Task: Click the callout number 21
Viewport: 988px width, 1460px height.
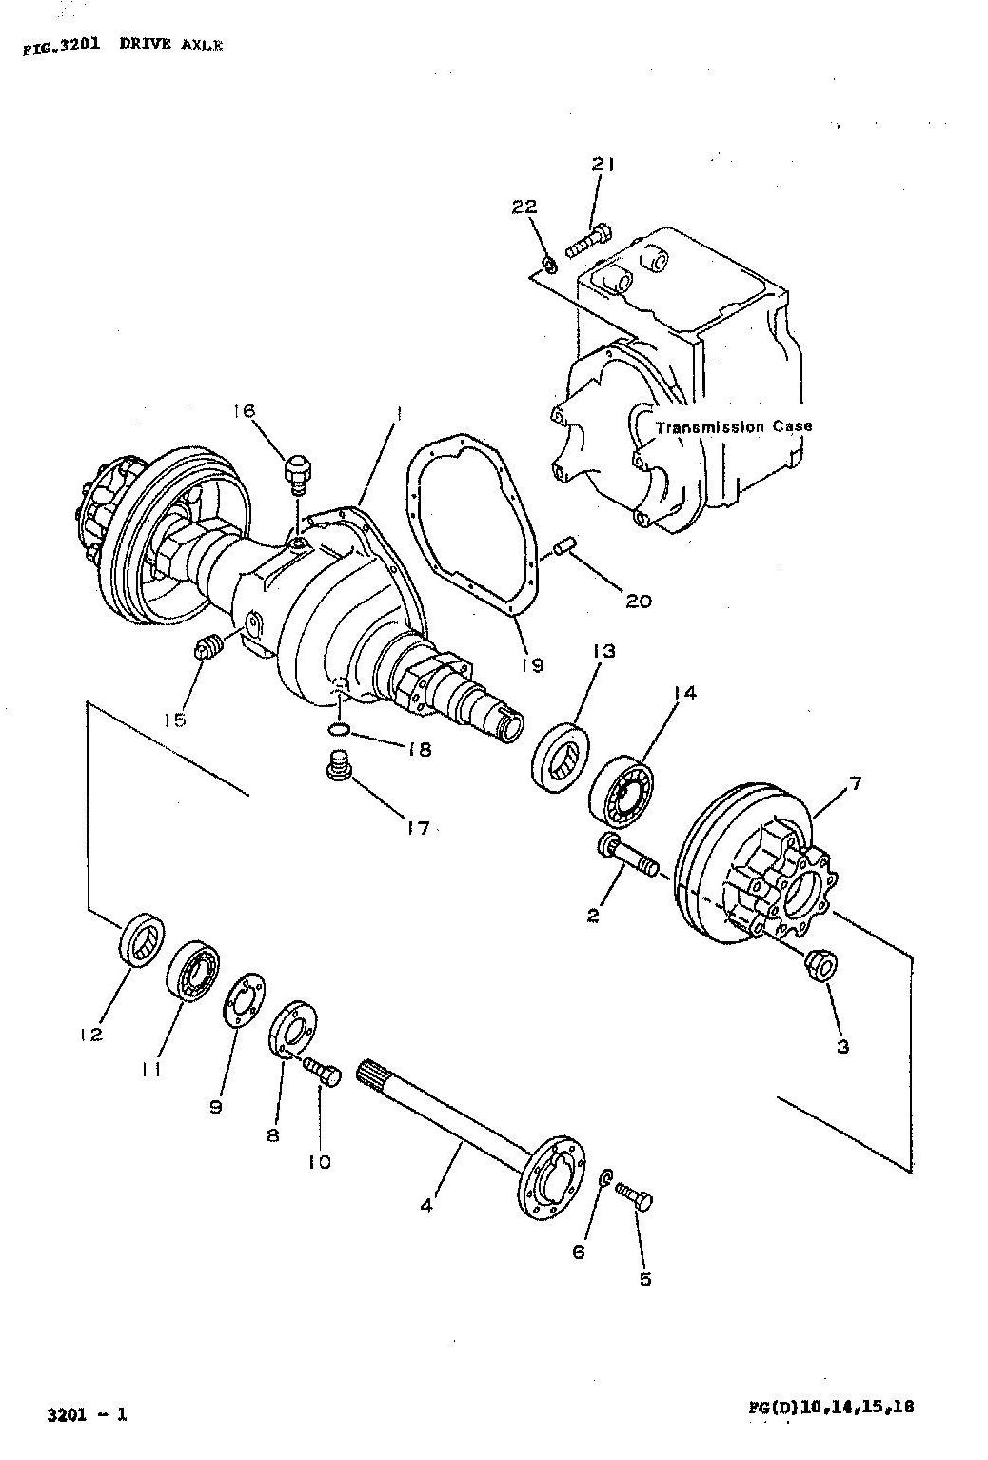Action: click(x=603, y=166)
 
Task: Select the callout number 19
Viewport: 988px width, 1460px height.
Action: click(x=532, y=665)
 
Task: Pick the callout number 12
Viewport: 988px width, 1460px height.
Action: click(x=92, y=1035)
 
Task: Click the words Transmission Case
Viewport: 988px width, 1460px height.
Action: click(x=734, y=427)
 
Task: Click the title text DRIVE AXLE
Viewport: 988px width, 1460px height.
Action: click(x=170, y=45)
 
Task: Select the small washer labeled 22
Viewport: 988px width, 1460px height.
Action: click(x=549, y=266)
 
